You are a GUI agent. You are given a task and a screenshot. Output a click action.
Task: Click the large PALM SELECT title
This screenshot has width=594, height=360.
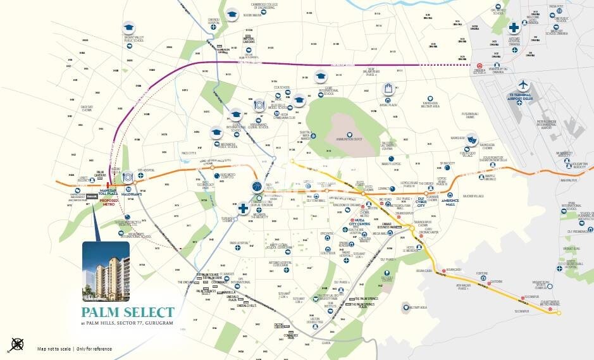click(127, 312)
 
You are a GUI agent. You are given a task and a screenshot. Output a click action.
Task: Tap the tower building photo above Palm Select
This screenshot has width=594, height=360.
click(106, 270)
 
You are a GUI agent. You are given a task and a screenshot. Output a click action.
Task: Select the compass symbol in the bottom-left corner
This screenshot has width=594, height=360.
click(18, 345)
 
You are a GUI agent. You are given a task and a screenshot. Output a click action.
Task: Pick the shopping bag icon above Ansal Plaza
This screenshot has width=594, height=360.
click(388, 89)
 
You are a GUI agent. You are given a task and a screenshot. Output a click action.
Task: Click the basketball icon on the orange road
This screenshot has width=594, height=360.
click(256, 187)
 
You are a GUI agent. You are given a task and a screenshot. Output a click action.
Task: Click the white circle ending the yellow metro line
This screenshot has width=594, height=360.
click(559, 313)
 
